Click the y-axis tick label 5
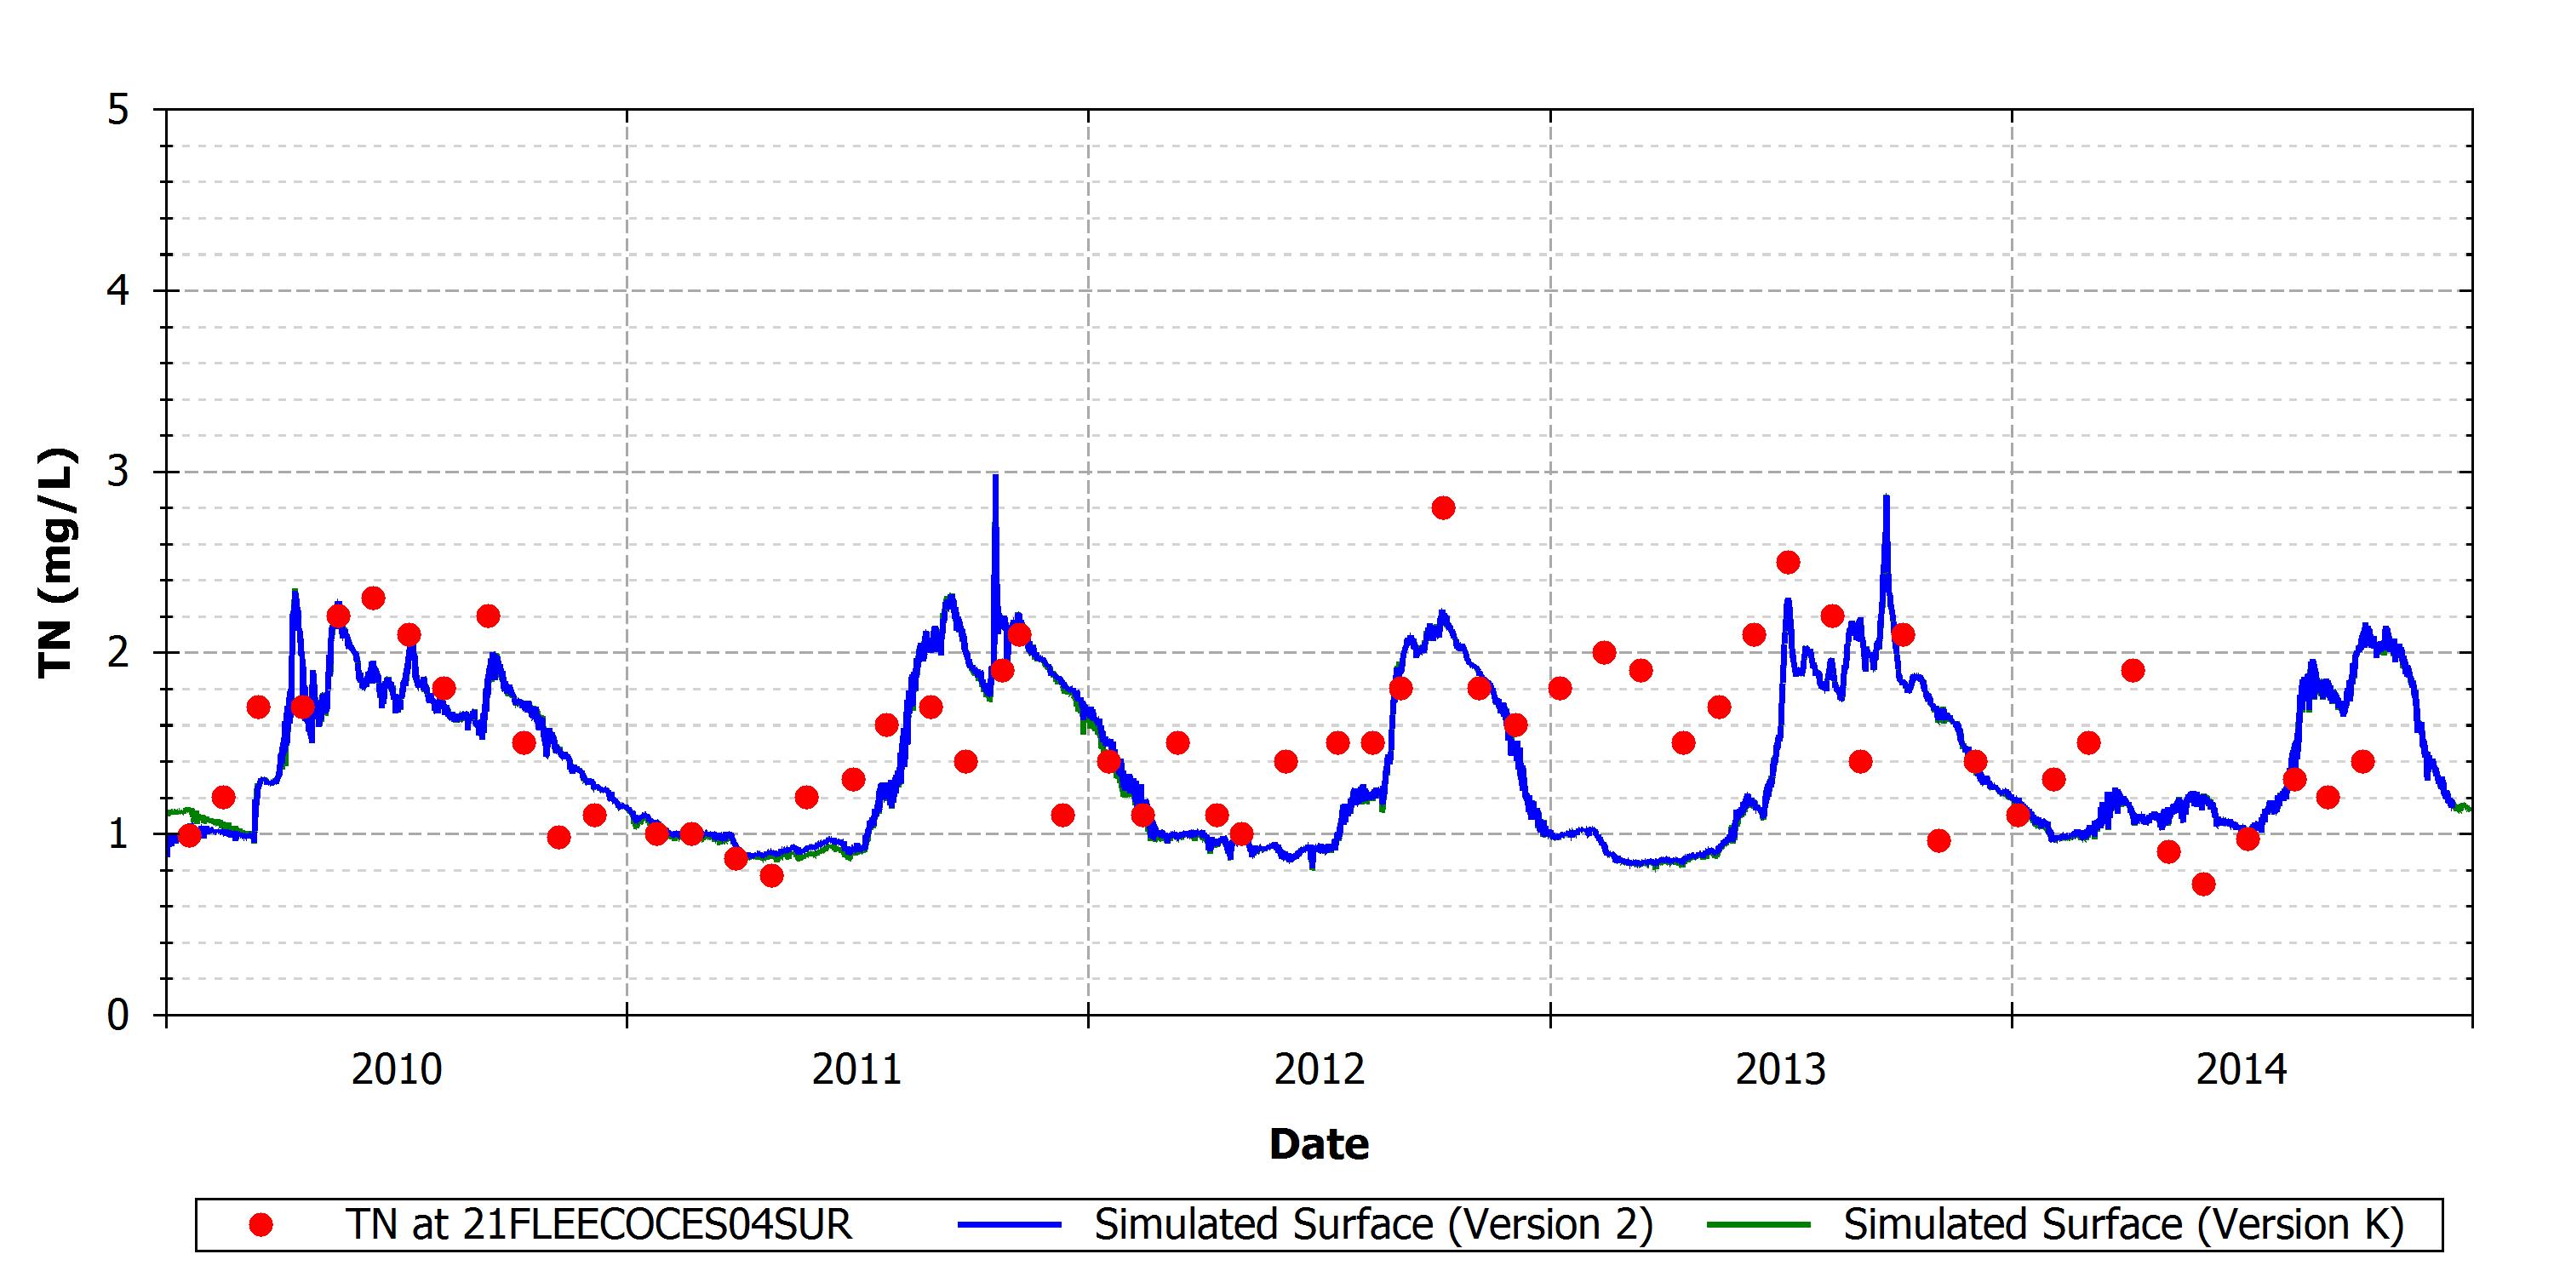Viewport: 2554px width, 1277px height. click(119, 110)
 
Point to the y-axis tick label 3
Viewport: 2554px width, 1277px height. click(119, 472)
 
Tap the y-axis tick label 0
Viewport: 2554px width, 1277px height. click(119, 1016)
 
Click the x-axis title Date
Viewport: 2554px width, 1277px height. click(1319, 1144)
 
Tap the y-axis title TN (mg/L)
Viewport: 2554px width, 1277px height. click(56, 563)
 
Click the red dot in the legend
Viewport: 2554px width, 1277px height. click(261, 1225)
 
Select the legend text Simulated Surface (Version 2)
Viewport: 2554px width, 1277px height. click(1373, 1225)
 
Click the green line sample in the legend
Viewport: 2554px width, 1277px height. click(1759, 1225)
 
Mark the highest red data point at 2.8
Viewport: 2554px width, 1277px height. click(1444, 508)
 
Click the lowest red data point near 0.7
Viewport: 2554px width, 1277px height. click(2203, 885)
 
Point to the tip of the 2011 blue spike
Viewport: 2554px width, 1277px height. click(995, 476)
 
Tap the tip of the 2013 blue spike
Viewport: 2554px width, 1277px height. click(1886, 495)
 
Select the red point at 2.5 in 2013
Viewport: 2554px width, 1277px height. click(1788, 563)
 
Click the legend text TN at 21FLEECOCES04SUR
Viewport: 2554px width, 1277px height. click(598, 1225)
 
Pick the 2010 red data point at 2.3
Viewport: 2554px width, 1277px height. click(373, 598)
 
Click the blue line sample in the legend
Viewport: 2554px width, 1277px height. click(1010, 1225)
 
